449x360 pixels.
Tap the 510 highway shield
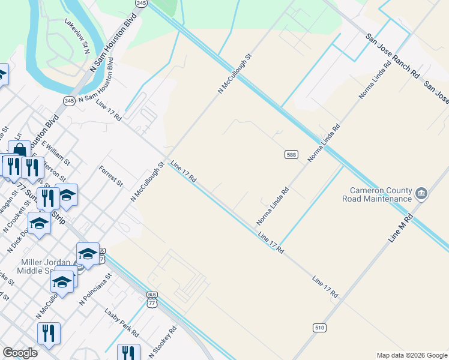point(319,327)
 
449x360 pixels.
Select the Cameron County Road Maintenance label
point(377,194)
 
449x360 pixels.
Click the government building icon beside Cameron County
point(421,194)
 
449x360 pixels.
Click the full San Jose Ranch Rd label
point(393,58)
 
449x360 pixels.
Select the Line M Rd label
point(401,227)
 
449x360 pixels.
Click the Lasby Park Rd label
point(122,322)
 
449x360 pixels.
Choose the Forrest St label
point(111,175)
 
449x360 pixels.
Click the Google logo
point(20,353)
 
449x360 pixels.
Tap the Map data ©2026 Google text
point(411,355)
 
